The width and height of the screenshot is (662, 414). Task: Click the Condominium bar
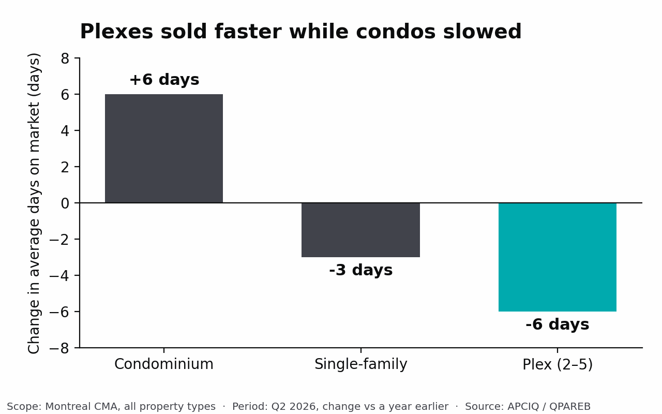(164, 149)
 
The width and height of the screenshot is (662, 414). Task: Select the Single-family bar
(360, 230)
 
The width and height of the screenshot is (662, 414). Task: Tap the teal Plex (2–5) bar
(558, 257)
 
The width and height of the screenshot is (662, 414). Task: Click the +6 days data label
(164, 80)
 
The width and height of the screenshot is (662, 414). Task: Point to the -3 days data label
(361, 270)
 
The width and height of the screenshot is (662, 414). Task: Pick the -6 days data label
(558, 324)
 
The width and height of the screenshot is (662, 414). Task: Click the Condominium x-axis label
(164, 364)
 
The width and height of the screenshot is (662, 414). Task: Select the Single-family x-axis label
(361, 364)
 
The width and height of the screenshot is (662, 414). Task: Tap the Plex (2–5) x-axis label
(558, 364)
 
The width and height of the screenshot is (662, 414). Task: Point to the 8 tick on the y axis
(65, 58)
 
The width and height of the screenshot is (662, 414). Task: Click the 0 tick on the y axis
(65, 203)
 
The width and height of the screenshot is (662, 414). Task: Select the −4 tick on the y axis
(59, 276)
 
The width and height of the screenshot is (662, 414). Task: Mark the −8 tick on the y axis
(59, 348)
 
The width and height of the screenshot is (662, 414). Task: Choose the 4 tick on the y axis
(65, 131)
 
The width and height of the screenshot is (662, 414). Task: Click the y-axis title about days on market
(34, 203)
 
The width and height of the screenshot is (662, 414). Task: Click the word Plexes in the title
(117, 32)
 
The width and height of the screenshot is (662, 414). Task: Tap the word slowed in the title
(483, 32)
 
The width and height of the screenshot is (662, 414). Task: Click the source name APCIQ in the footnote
(523, 407)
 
